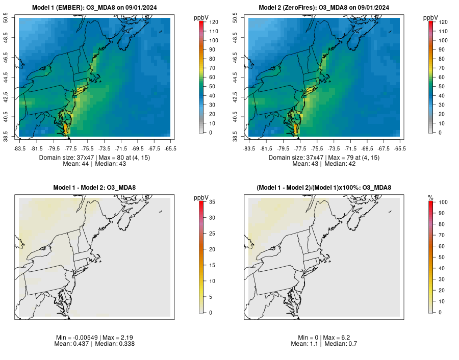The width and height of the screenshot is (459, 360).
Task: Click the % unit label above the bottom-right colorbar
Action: point(430,197)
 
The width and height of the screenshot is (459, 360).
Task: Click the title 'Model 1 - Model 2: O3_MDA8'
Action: point(94,188)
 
